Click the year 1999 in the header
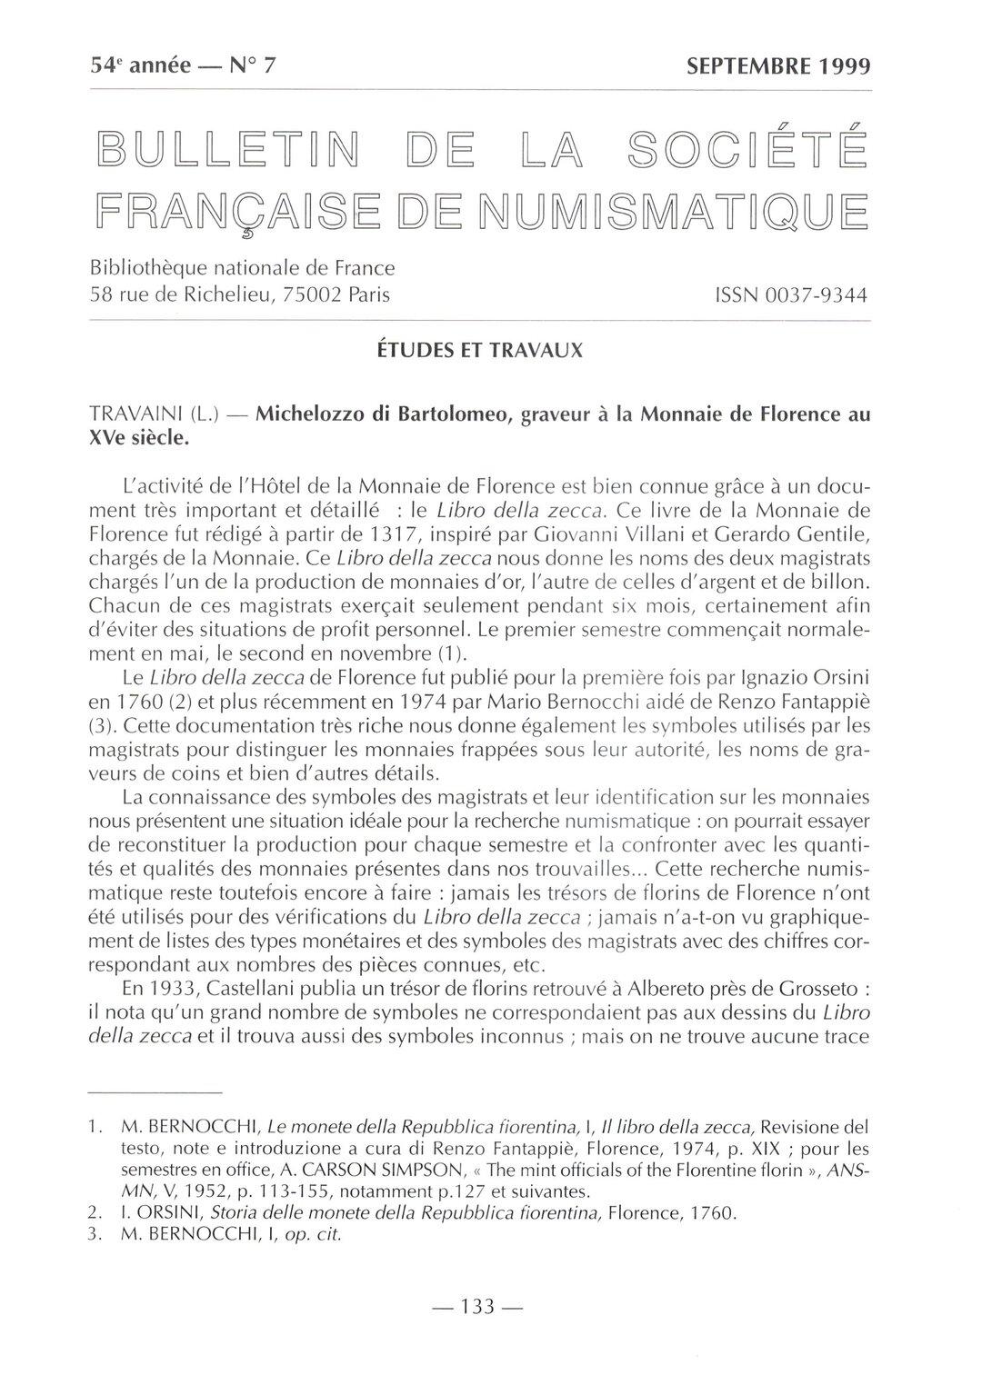click(x=841, y=66)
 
